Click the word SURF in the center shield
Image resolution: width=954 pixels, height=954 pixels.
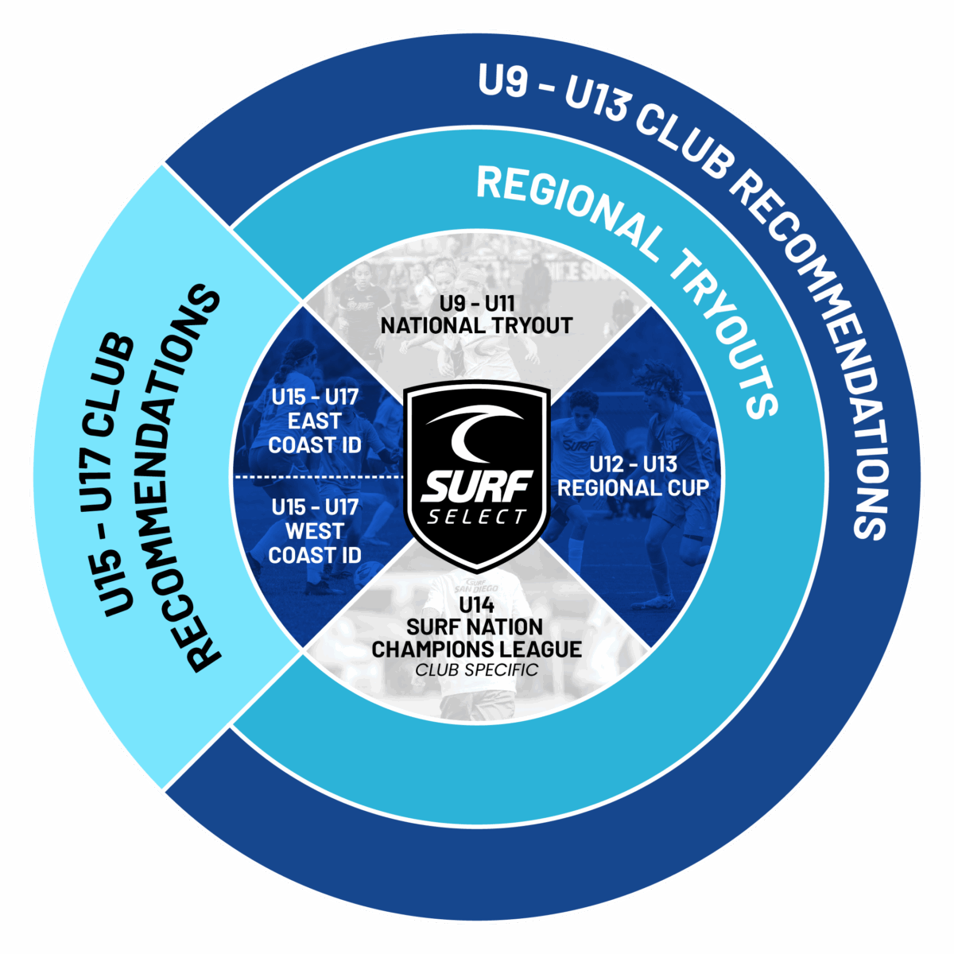point(475,487)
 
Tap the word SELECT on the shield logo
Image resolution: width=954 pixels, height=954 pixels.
point(475,518)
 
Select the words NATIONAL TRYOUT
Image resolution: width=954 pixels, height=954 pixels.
point(476,326)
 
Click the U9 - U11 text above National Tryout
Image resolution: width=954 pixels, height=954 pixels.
point(477,303)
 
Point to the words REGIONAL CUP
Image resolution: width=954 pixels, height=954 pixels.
point(633,487)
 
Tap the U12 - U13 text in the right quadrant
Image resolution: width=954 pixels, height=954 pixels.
point(633,464)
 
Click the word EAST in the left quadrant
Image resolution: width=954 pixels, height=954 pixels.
point(314,421)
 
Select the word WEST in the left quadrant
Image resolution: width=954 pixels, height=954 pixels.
point(314,531)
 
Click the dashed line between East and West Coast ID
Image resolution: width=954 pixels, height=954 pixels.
point(319,477)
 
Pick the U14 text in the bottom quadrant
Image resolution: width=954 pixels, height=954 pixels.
point(476,605)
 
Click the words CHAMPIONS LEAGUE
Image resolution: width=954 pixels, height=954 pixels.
point(476,649)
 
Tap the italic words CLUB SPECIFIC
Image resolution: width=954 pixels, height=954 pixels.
point(476,670)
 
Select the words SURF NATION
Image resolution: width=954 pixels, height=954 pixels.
point(475,627)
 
